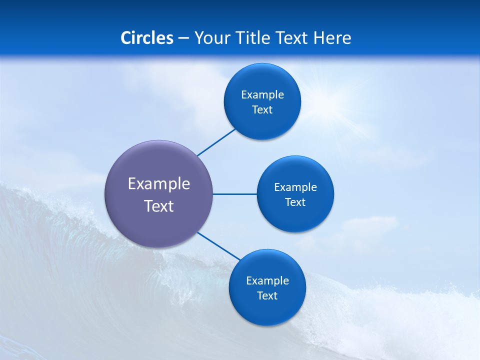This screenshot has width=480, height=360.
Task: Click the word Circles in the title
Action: point(147,38)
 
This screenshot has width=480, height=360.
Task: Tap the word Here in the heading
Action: point(332,38)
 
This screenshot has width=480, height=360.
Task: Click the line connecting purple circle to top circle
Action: point(216,142)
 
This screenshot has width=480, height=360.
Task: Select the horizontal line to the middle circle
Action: point(234,194)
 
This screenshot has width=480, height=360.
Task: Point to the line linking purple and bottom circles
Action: point(219,246)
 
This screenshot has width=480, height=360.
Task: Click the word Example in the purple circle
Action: point(159,184)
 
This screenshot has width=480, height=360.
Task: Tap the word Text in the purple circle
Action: point(159,206)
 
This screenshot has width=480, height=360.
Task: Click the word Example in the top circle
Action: point(262,95)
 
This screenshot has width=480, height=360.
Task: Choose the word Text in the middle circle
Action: point(295,202)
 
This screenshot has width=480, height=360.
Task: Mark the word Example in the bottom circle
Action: point(267,281)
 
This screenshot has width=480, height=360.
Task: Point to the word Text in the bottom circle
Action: point(267,296)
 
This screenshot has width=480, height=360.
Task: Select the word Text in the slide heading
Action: point(292,38)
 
